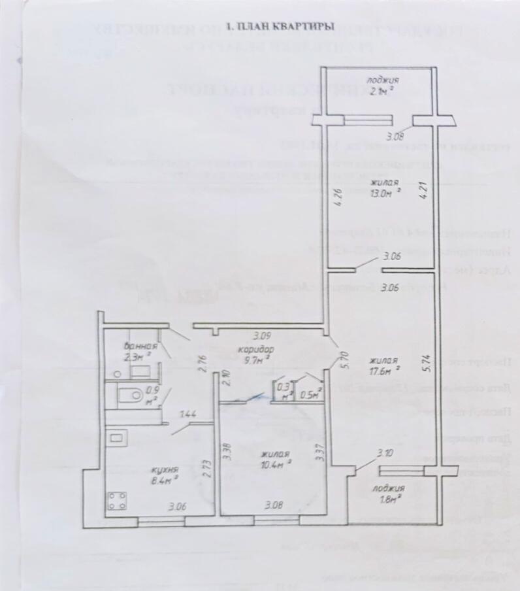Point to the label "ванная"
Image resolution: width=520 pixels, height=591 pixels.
[140, 346]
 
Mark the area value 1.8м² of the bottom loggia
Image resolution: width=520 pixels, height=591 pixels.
[389, 500]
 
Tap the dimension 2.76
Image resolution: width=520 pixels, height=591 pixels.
[203, 363]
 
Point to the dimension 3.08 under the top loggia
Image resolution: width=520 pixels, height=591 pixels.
[395, 137]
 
